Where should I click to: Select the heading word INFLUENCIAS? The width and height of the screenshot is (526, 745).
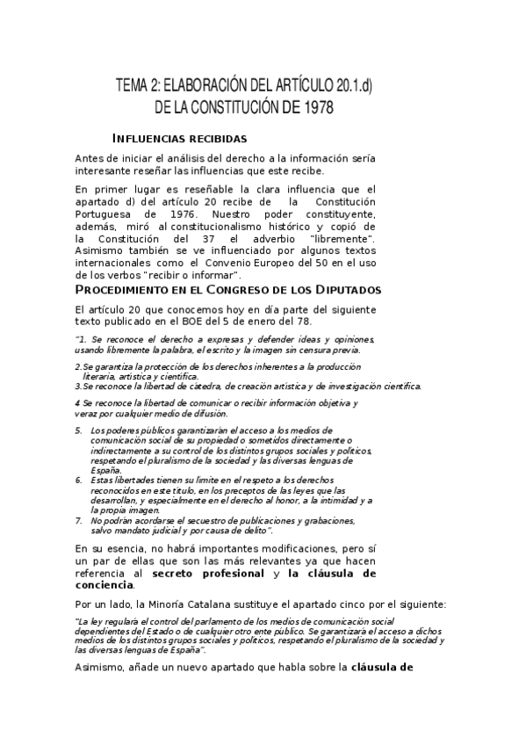click(152, 139)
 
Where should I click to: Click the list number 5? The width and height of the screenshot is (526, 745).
click(78, 430)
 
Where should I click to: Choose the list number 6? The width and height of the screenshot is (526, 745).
click(78, 481)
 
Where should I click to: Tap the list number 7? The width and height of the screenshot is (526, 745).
click(78, 520)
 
